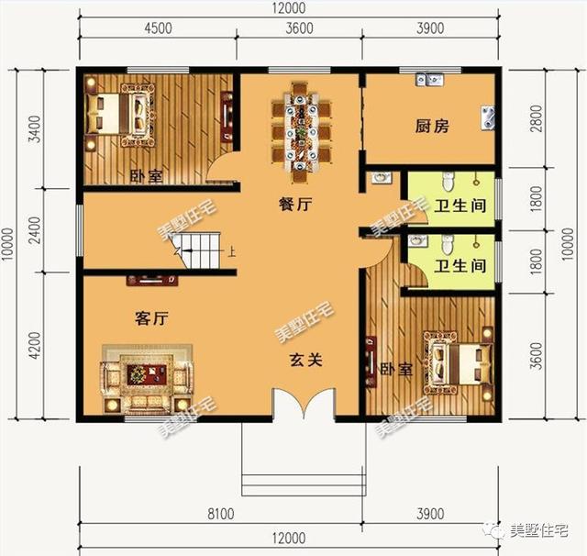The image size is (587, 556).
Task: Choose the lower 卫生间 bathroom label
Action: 460,267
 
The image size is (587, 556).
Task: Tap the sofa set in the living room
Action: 147,376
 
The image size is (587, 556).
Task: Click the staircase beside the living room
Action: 199,250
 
